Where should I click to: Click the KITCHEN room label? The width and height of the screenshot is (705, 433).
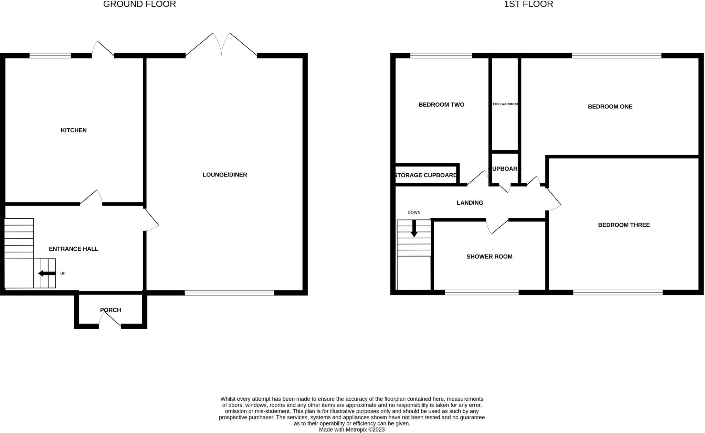(74, 130)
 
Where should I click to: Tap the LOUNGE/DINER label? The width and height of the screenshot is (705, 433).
(225, 175)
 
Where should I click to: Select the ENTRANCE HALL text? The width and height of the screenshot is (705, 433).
(74, 249)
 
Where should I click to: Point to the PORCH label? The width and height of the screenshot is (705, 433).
(111, 310)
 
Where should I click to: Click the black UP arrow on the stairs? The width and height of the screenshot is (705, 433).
(47, 273)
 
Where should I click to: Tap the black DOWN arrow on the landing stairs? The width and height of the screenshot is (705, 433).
(414, 228)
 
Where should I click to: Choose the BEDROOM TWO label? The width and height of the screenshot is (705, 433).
(441, 105)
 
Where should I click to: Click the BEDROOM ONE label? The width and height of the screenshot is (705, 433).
(610, 107)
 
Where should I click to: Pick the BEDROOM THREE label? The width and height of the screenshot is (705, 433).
(624, 225)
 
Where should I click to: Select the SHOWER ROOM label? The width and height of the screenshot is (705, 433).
(489, 257)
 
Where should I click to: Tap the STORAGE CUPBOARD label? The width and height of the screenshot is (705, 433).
(426, 175)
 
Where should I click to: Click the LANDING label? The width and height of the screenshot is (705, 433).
(470, 203)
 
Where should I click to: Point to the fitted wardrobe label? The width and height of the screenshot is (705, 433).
(505, 104)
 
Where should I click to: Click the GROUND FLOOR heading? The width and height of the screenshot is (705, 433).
(139, 4)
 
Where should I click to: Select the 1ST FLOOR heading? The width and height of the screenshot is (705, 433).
(528, 4)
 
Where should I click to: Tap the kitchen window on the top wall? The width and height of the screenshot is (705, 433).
(50, 55)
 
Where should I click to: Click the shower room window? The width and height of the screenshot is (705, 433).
(482, 292)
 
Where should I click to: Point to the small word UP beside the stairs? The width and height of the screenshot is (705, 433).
(63, 273)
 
